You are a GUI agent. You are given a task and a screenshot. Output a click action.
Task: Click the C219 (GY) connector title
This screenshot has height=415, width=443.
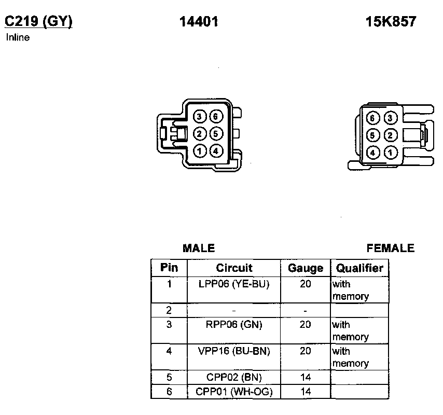(x=38, y=21)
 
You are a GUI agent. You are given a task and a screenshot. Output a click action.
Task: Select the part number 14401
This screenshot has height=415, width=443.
(x=199, y=21)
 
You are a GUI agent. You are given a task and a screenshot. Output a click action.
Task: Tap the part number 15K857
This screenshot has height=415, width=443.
(x=391, y=21)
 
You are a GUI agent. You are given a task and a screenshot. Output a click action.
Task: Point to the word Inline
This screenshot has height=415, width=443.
(x=18, y=37)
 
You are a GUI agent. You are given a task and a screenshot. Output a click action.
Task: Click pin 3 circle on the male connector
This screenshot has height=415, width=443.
(x=200, y=117)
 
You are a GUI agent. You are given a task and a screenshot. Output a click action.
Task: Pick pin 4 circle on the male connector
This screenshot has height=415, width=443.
(x=216, y=151)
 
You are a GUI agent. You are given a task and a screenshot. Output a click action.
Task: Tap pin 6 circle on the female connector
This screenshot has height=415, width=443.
(x=372, y=118)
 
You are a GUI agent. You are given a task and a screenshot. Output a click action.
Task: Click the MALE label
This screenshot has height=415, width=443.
(x=199, y=248)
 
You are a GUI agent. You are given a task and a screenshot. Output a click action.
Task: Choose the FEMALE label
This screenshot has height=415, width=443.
(x=391, y=248)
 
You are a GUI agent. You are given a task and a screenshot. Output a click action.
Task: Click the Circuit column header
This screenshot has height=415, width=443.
(x=234, y=268)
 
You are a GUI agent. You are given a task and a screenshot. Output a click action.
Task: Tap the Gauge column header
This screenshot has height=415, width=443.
(x=306, y=268)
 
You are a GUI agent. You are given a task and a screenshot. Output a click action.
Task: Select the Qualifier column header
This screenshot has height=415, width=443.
(x=359, y=268)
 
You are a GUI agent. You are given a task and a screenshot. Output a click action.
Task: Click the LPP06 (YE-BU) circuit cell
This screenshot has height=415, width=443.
(x=234, y=284)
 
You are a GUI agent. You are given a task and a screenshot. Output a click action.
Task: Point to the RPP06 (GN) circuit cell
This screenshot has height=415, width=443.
(x=234, y=325)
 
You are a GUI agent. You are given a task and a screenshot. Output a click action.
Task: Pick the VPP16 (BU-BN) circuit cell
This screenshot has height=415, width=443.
(x=234, y=351)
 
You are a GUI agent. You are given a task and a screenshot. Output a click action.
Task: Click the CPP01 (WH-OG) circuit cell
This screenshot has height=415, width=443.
(x=234, y=392)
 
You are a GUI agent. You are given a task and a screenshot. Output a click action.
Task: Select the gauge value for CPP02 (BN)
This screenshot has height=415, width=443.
(x=306, y=378)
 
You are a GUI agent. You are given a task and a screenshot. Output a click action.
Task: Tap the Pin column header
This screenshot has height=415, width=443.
(x=169, y=268)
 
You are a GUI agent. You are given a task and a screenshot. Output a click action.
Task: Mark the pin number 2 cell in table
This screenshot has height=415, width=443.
(x=169, y=311)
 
